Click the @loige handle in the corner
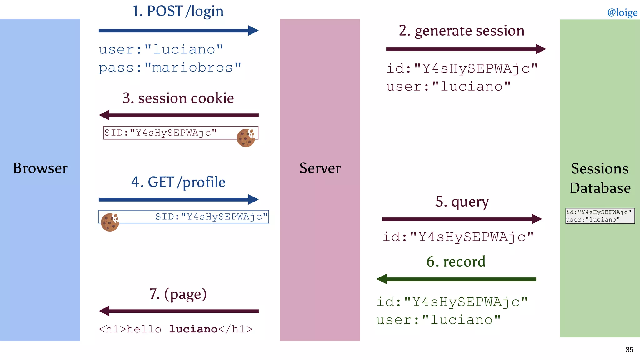pos(622,12)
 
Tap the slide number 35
pos(629,350)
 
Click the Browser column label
pos(40,168)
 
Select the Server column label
pos(320,168)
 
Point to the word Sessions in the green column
pos(600,169)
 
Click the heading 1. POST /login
pos(178,11)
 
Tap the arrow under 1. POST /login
pos(178,31)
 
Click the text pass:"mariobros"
pos(170,67)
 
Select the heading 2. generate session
pos(461,31)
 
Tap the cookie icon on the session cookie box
pos(246,138)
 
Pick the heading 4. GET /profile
pos(178,182)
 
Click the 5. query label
pos(462,202)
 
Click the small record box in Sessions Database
pos(600,216)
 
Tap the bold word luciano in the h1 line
pos(193,329)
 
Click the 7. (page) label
pos(178,294)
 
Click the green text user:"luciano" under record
pos(438,320)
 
